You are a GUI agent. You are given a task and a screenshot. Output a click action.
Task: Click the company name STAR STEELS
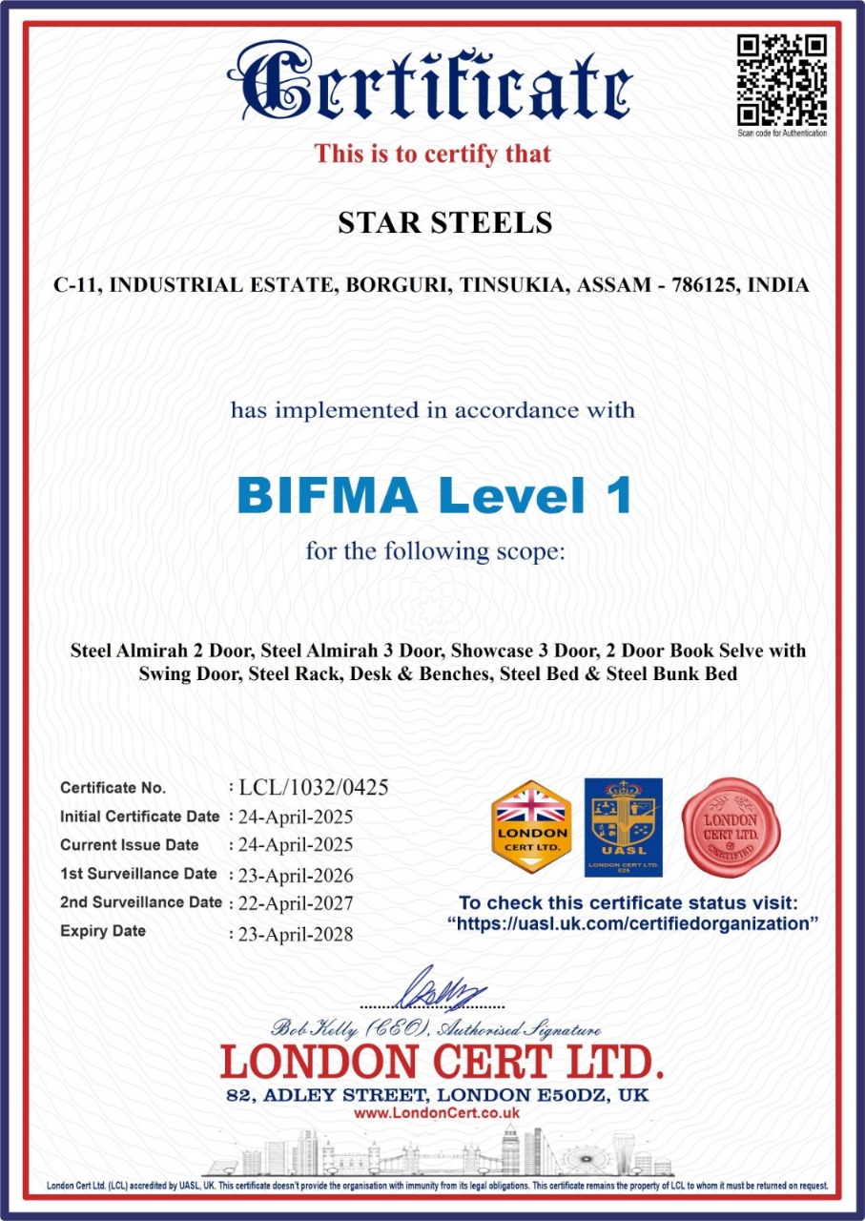pos(444,223)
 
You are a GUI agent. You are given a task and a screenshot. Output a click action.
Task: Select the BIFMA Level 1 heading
pos(434,495)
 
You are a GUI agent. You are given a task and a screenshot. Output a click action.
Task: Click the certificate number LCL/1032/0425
pos(314,788)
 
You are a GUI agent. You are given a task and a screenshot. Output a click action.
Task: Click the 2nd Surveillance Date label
pos(140,902)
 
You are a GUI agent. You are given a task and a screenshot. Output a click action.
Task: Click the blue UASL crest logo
pos(623,826)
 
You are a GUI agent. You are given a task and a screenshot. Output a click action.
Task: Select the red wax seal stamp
pos(731,826)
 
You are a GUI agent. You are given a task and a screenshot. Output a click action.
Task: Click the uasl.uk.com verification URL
pos(633,923)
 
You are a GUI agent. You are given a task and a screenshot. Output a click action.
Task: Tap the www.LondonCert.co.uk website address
pos(437,1112)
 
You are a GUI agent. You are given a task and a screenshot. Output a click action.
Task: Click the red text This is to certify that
pos(433,153)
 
